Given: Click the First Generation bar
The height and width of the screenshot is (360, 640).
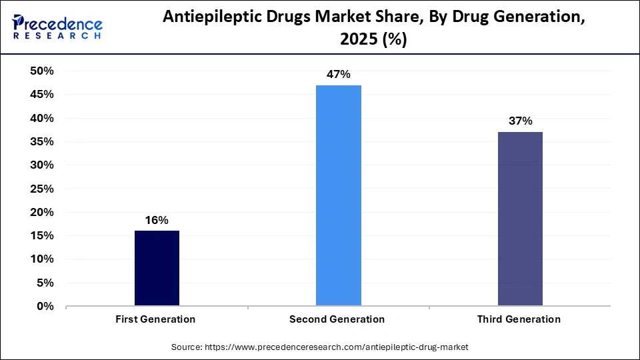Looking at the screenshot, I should click(x=157, y=268).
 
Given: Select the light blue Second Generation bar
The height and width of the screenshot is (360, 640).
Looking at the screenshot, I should click(x=338, y=195).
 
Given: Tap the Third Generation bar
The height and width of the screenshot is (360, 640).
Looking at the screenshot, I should click(x=520, y=219).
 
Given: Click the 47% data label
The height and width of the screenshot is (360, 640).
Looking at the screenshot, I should click(x=338, y=75).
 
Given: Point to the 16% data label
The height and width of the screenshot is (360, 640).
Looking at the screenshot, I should click(x=157, y=220).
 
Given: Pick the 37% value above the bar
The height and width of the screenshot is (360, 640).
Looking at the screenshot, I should click(x=520, y=121).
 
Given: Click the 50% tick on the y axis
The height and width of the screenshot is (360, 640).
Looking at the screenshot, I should click(x=41, y=71).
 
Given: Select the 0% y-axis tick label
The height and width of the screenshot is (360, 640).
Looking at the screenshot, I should click(x=45, y=306).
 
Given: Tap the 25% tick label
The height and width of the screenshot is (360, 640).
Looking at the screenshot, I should click(x=41, y=189).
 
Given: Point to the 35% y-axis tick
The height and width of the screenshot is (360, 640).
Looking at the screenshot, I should click(x=41, y=141).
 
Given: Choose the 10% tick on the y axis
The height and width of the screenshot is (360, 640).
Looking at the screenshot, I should click(x=41, y=259).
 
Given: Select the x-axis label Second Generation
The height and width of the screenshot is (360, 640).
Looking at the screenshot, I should click(x=337, y=319).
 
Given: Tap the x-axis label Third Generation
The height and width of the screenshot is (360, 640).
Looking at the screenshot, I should click(x=519, y=319).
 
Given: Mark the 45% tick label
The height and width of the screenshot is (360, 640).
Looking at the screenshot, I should click(x=41, y=95).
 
